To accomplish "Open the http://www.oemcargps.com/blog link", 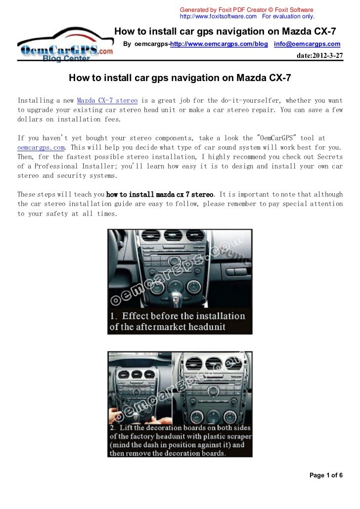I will pos(219,44).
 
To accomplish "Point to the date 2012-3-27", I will pos(319,55).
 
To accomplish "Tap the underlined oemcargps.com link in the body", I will pos(41,147).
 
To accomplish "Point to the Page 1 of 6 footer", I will pos(326,475).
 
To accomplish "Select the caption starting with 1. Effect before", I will pos(177,321).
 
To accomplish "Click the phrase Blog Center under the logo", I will pos(66,59).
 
